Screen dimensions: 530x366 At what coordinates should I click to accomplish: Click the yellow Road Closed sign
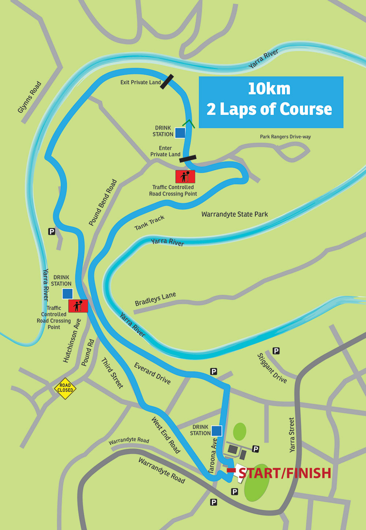[x=65, y=388]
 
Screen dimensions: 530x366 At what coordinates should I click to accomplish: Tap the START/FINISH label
[x=285, y=473]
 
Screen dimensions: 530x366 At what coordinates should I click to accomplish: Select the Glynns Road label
[x=30, y=97]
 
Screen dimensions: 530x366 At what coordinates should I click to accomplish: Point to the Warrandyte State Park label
[x=235, y=214]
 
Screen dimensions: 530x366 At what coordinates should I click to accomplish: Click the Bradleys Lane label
[x=155, y=299]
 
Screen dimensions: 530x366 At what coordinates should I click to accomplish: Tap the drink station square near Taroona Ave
[x=217, y=431]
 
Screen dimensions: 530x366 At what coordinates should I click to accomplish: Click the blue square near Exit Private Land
[x=180, y=132]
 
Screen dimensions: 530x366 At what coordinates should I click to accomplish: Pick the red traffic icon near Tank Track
[x=185, y=176]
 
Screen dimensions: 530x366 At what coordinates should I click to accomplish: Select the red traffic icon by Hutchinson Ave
[x=78, y=306]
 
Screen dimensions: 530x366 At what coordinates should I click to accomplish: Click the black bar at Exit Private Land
[x=167, y=82]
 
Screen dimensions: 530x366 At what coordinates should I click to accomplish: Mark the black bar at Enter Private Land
[x=188, y=158]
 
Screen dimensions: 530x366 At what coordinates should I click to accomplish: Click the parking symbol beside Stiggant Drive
[x=276, y=351]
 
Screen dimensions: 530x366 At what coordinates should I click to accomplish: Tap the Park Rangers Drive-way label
[x=285, y=137]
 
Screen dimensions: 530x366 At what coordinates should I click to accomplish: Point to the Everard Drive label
[x=152, y=373]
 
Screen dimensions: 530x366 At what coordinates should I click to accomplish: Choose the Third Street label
[x=112, y=373]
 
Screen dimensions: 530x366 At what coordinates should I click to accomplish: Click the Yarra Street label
[x=292, y=435]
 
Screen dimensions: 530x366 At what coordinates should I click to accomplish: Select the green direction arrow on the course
[x=188, y=124]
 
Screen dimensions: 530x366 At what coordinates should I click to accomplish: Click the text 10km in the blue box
[x=269, y=89]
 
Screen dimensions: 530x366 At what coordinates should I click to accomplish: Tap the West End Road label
[x=166, y=435]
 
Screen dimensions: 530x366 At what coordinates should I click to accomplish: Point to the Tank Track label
[x=149, y=223]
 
